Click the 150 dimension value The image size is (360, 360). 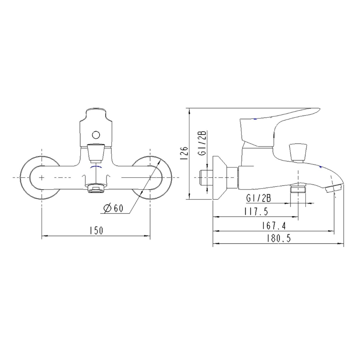(x=96, y=230)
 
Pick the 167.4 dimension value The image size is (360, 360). (x=274, y=226)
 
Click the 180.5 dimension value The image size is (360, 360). (x=278, y=238)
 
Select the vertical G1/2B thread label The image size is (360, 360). (x=203, y=143)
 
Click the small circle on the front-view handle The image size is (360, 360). (x=95, y=135)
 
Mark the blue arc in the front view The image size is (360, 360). (x=96, y=168)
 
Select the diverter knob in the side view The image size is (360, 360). (x=298, y=151)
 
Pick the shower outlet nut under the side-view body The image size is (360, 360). (x=298, y=189)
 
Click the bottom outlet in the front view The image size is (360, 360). (x=96, y=188)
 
